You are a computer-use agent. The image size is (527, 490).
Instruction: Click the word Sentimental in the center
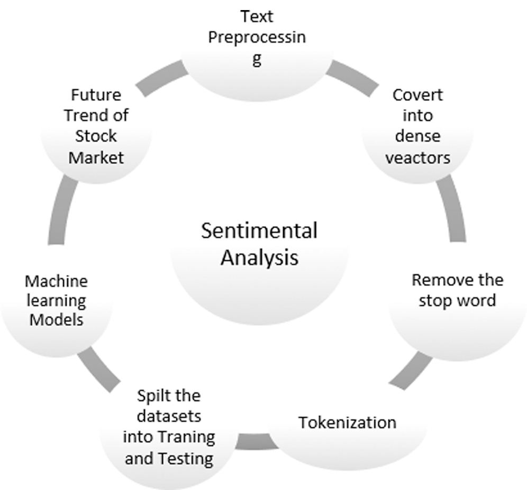pyautogui.click(x=259, y=232)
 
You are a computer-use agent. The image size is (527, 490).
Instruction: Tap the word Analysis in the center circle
pyautogui.click(x=259, y=258)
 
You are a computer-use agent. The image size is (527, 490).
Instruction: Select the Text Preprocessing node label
pyautogui.click(x=257, y=38)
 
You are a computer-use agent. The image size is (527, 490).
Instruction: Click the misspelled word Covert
pyautogui.click(x=417, y=96)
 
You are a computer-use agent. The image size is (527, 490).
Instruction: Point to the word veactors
pyautogui.click(x=417, y=157)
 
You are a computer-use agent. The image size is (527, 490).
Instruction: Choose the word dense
pyautogui.click(x=417, y=136)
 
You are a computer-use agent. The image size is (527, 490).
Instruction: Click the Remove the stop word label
pyautogui.click(x=457, y=290)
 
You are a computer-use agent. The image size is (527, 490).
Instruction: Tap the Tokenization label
pyautogui.click(x=347, y=422)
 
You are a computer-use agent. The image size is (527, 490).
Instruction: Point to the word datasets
pyautogui.click(x=169, y=416)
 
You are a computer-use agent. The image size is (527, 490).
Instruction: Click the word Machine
pyautogui.click(x=56, y=281)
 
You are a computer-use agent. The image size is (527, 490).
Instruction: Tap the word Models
pyautogui.click(x=56, y=320)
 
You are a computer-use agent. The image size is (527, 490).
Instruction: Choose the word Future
pyautogui.click(x=96, y=96)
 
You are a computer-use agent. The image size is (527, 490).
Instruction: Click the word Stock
pyautogui.click(x=96, y=136)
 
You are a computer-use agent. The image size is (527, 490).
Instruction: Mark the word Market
pyautogui.click(x=96, y=157)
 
